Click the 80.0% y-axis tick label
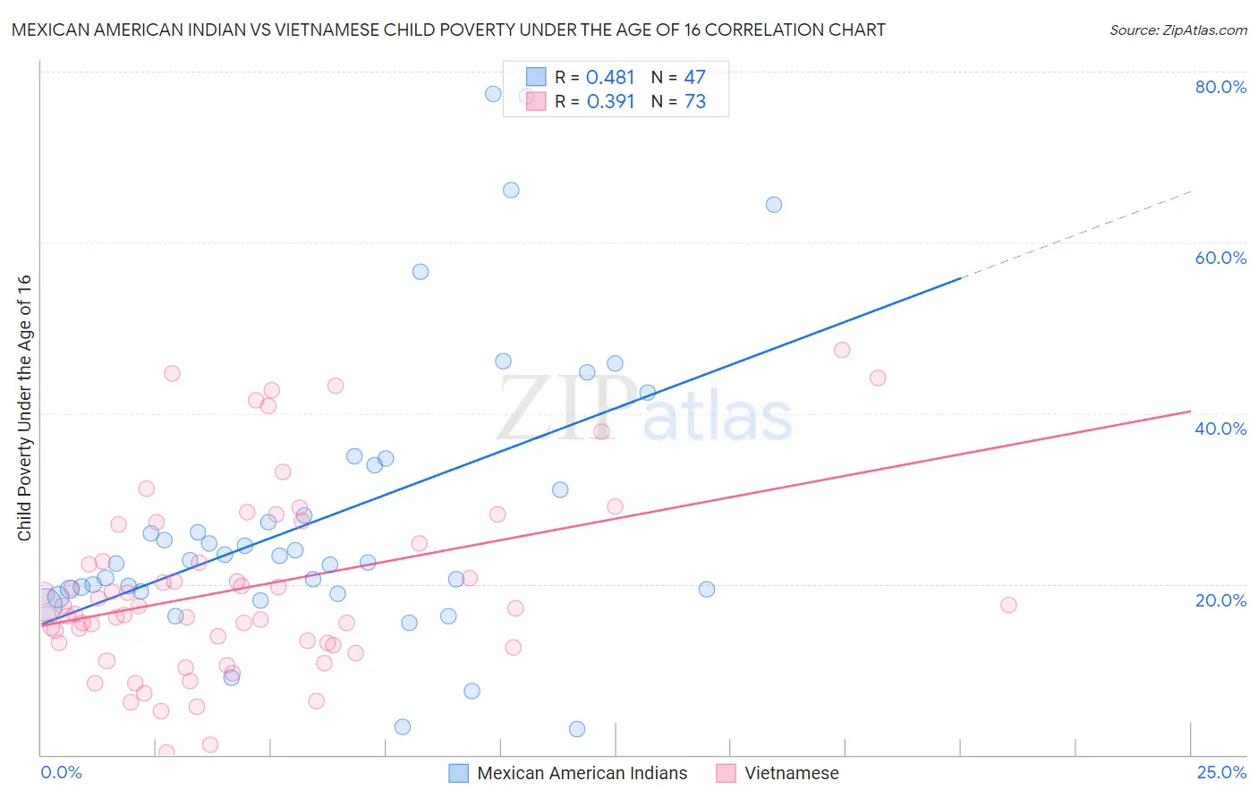(1220, 87)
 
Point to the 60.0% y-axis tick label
(1220, 258)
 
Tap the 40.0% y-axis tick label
(1220, 429)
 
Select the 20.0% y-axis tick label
(1220, 600)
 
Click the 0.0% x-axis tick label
(61, 772)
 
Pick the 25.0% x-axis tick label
(1221, 772)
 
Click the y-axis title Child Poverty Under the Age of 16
(24, 407)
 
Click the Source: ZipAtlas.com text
(1177, 30)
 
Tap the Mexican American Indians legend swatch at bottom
(458, 773)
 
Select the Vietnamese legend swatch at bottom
(726, 773)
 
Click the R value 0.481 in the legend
(610, 78)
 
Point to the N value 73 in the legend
(695, 102)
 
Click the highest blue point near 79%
(493, 94)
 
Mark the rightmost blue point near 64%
(774, 205)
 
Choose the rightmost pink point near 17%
(1008, 605)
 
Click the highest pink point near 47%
(842, 350)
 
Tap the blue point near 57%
(421, 272)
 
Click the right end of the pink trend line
(1190, 411)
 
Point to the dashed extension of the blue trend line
(1074, 234)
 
